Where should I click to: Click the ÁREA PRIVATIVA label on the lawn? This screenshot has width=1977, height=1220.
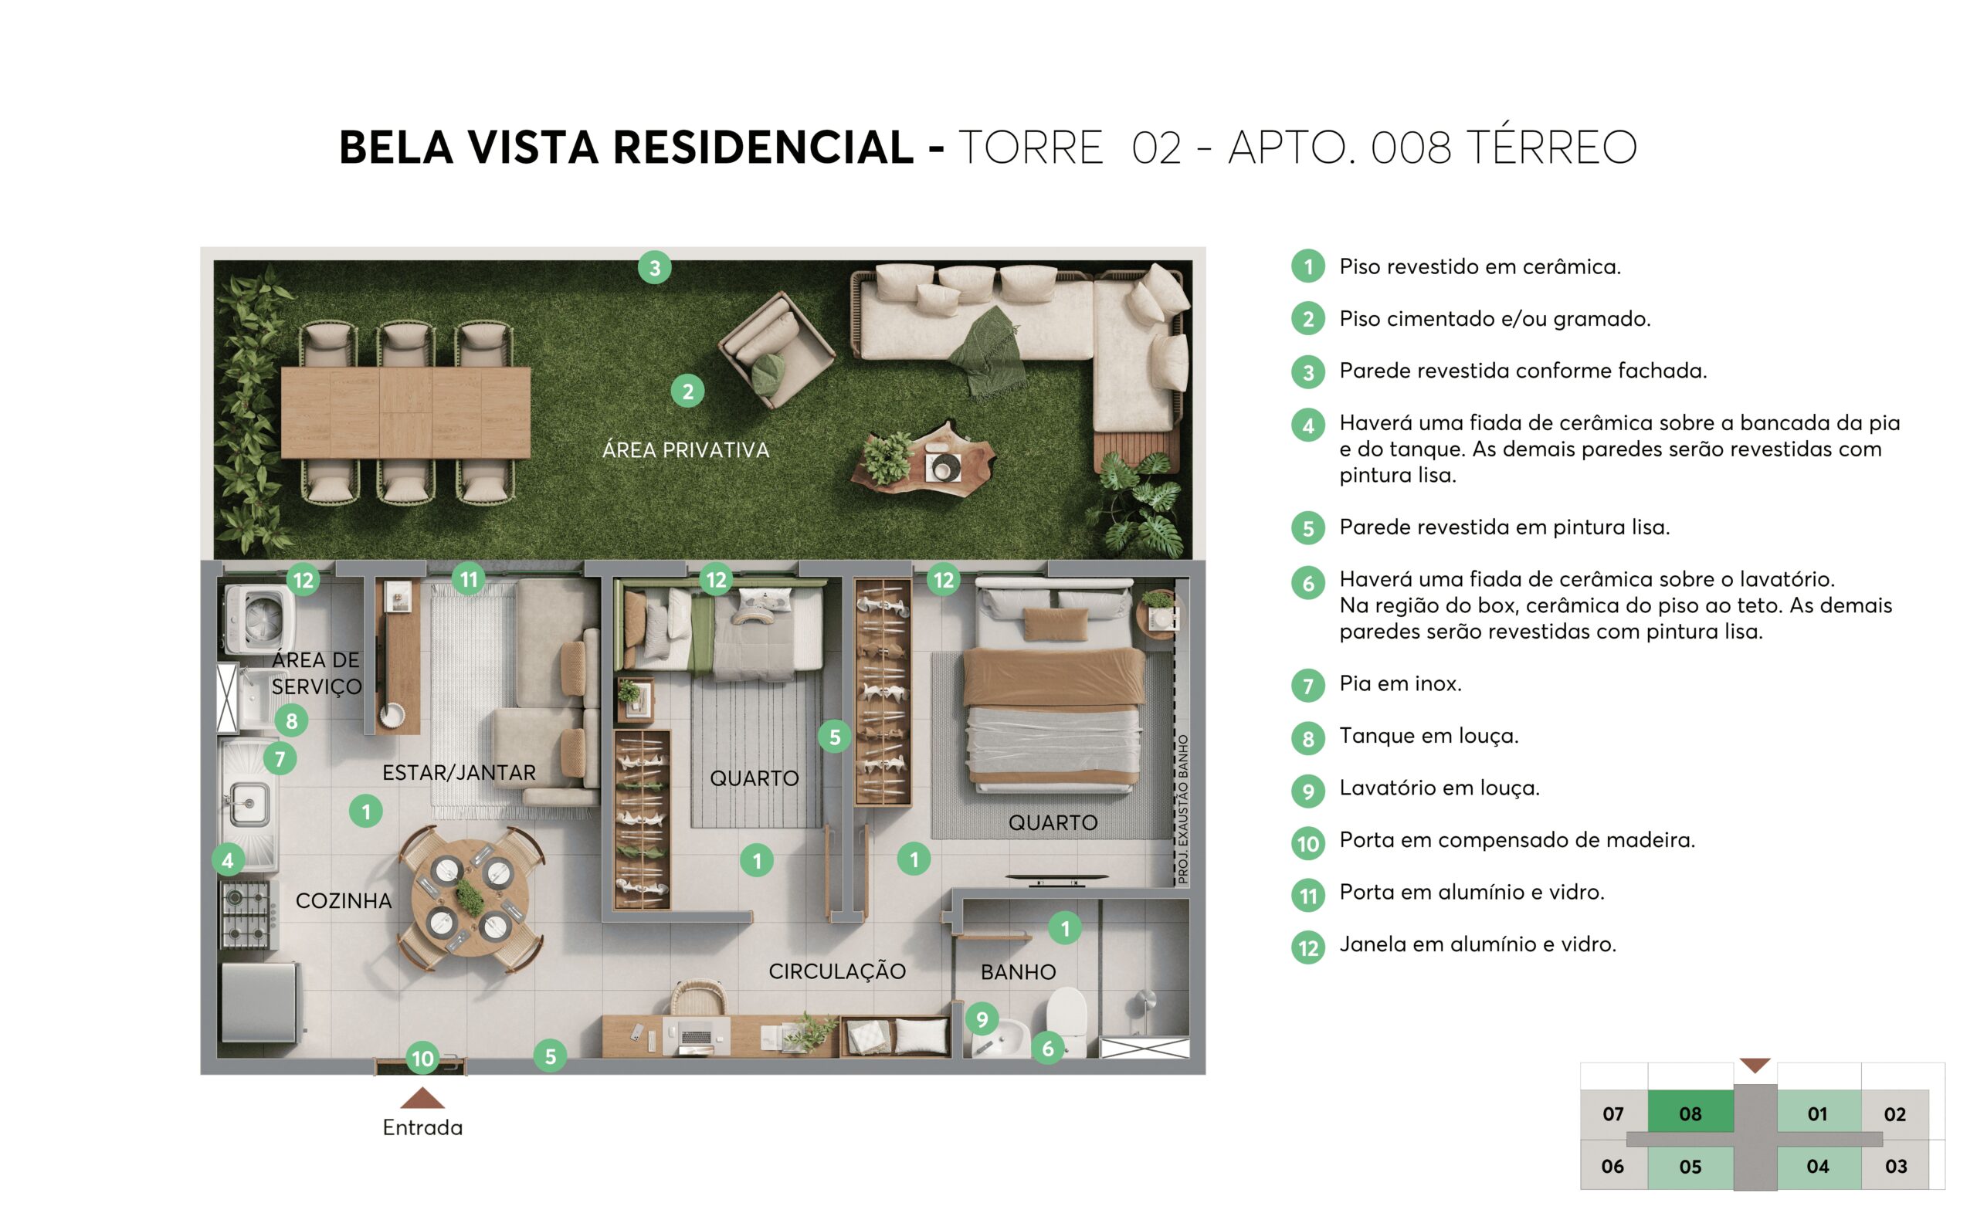point(685,449)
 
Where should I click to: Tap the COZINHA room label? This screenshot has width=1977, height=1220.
point(343,900)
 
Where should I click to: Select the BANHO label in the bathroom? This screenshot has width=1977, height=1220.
point(1018,971)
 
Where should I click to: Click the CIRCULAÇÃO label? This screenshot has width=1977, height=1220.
point(836,971)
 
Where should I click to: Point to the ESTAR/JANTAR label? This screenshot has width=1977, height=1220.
point(459,772)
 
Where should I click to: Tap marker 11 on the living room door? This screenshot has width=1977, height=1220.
point(468,578)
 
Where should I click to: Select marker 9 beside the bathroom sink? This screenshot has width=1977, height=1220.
point(982,1019)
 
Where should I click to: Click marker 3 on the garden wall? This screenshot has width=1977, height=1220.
point(654,267)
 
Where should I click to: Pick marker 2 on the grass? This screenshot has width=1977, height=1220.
point(687,391)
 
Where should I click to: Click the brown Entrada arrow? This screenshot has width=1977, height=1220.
point(422,1098)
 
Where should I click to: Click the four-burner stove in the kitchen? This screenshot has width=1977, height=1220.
point(247,914)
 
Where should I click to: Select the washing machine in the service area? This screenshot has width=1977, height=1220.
point(258,618)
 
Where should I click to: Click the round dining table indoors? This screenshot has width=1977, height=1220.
point(470,896)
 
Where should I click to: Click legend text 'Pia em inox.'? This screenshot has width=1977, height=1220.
point(1400,683)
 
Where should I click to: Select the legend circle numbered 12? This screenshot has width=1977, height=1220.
point(1307,947)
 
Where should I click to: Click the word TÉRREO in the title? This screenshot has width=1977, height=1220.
point(1550,147)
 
